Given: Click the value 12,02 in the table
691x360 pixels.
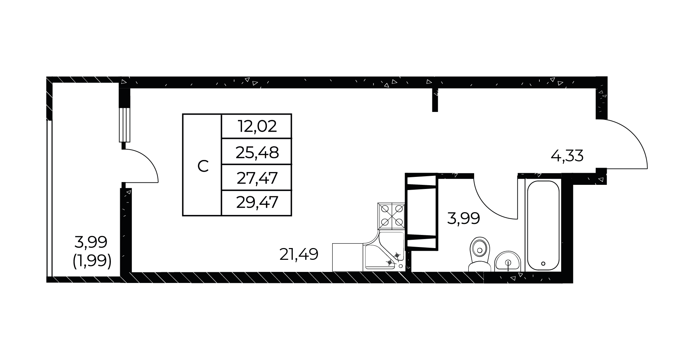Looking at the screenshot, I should coord(257,126).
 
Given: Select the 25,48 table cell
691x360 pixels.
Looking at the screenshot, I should coord(257,152).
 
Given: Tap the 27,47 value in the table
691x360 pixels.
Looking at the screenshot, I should coord(257,178).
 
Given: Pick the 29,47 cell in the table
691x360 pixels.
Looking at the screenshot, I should coord(257,203).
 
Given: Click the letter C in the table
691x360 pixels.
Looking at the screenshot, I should coord(203,167).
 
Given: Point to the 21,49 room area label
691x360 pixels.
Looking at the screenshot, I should coord(298,255).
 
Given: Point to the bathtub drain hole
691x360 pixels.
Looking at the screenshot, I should coord(543,263).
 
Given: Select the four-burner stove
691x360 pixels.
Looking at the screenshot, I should coord(392,216).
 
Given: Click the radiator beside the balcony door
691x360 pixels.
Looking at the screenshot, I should coord(124,125).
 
